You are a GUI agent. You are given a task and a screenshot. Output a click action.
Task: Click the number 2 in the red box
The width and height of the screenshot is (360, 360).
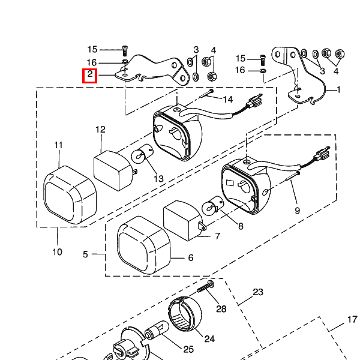[89, 76]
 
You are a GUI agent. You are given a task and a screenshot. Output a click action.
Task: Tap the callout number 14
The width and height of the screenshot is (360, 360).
[227, 98]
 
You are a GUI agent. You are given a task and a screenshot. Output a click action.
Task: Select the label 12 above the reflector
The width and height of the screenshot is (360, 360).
[100, 129]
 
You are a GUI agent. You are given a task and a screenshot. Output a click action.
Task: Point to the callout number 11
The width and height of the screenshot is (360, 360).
[58, 145]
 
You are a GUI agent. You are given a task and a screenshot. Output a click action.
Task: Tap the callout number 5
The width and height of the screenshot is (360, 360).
[85, 254]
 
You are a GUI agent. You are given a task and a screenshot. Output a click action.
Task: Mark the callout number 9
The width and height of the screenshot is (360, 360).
[296, 211]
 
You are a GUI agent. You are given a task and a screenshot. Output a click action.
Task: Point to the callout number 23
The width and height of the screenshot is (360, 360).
[258, 292]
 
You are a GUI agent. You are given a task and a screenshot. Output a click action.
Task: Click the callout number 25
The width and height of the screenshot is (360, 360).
[188, 350]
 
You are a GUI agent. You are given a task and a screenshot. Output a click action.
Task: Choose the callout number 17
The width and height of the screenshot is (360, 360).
[352, 320]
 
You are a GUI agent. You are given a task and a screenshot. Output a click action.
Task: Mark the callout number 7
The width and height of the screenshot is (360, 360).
[217, 236]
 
